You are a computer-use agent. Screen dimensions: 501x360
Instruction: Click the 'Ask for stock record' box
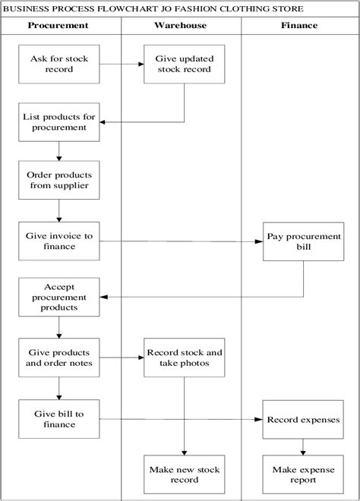58,64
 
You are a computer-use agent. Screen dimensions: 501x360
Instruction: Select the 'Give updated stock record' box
185,64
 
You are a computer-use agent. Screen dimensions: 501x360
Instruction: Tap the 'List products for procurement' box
58,121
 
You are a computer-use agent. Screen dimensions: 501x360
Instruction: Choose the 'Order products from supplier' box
58,180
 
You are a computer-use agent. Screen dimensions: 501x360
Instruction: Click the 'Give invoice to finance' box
58,241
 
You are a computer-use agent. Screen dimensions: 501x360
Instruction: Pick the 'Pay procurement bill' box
304,241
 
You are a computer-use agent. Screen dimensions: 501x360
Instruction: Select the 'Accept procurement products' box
58,298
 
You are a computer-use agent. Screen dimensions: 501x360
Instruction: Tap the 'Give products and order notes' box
58,358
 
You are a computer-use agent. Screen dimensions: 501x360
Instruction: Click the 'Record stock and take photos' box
185,358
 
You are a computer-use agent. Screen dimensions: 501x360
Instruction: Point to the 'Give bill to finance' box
58,419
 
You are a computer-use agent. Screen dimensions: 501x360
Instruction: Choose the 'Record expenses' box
304,419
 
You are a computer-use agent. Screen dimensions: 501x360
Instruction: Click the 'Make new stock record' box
185,474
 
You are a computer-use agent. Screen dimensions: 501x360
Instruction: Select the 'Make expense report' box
304,474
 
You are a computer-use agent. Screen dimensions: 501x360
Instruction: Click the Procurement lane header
58,25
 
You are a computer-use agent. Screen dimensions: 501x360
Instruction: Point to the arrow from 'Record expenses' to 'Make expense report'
304,446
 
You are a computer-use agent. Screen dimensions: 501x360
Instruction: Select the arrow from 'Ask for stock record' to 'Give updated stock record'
120,64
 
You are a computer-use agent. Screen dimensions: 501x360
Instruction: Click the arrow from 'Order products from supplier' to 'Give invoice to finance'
58,210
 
